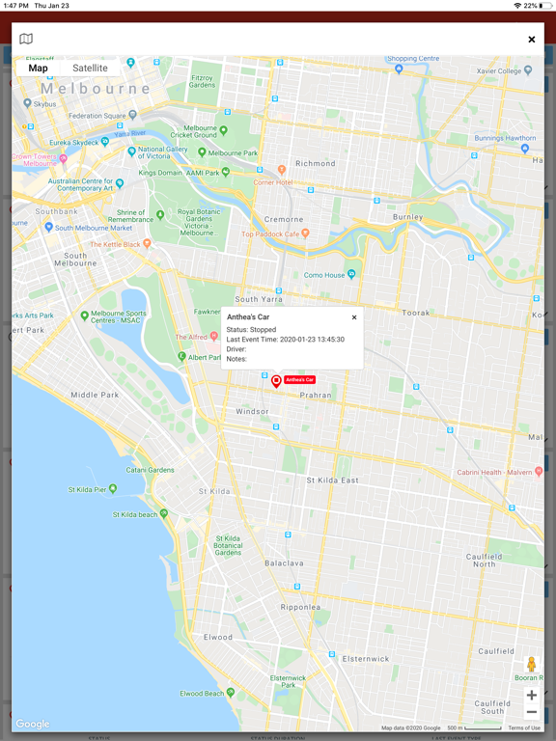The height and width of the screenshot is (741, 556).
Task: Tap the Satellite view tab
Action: click(x=90, y=69)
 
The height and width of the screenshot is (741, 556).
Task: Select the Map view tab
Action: click(x=38, y=69)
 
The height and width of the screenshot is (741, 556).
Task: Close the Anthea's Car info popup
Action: click(x=354, y=317)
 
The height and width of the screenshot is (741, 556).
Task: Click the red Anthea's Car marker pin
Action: click(x=276, y=381)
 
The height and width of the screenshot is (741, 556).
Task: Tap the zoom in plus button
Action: click(x=531, y=695)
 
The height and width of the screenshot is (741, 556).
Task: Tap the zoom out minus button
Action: click(x=531, y=712)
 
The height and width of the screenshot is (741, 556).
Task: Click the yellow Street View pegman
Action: click(x=531, y=664)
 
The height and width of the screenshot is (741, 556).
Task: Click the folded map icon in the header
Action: click(x=26, y=39)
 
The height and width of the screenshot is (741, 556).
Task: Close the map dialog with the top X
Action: click(x=531, y=39)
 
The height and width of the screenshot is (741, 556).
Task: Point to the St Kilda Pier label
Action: click(x=87, y=489)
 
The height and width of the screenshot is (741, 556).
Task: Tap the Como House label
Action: click(x=324, y=275)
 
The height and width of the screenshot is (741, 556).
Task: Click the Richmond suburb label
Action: click(x=315, y=164)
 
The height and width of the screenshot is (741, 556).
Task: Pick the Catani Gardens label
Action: click(x=150, y=470)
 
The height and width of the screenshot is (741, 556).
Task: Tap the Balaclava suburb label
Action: click(x=284, y=563)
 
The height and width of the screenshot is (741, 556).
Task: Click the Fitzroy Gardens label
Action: click(x=202, y=80)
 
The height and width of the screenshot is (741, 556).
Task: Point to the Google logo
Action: click(x=32, y=724)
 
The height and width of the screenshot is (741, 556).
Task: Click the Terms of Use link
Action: click(x=524, y=727)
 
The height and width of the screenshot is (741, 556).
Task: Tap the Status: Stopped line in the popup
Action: click(x=251, y=330)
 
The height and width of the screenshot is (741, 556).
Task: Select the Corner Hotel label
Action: click(x=272, y=182)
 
